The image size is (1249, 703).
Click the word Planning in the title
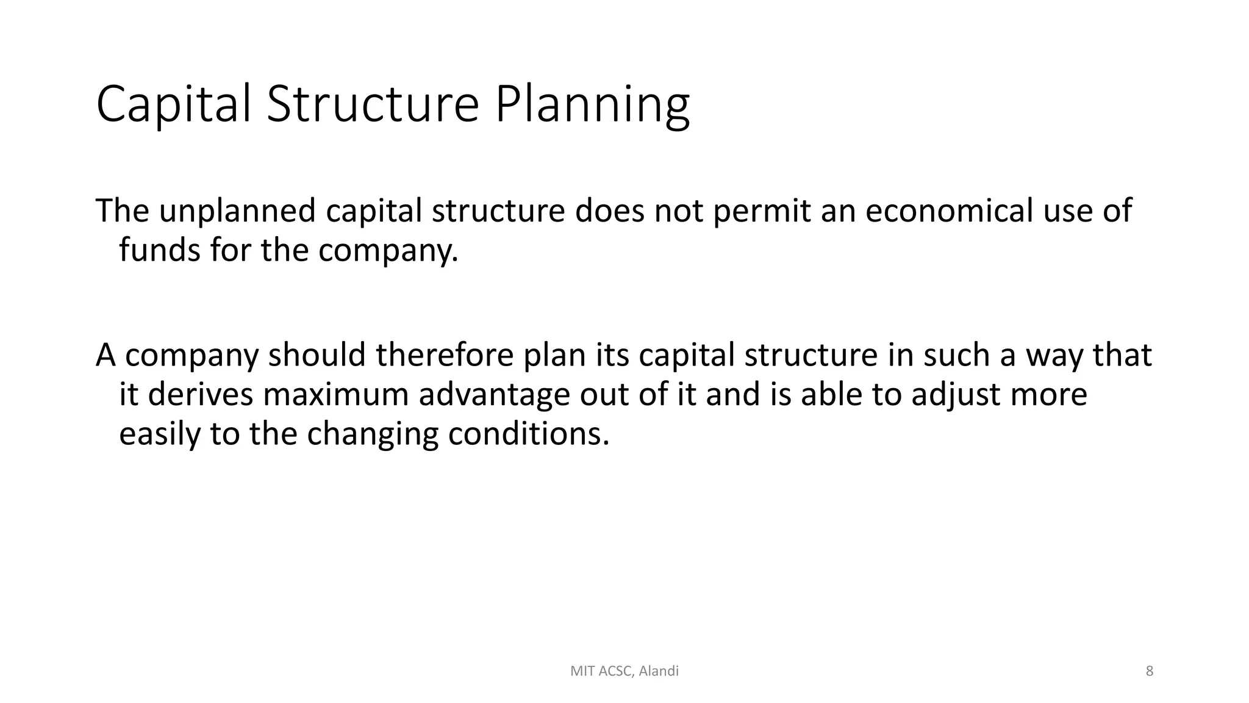[x=592, y=105]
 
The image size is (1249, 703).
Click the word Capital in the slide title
[x=174, y=105]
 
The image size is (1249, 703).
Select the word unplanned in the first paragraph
[x=237, y=211]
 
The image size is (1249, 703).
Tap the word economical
[x=949, y=211]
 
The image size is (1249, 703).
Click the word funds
[x=159, y=250]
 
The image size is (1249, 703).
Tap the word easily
[x=159, y=434]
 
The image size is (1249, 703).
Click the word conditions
[x=529, y=434]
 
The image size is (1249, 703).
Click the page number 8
[x=1150, y=671]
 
